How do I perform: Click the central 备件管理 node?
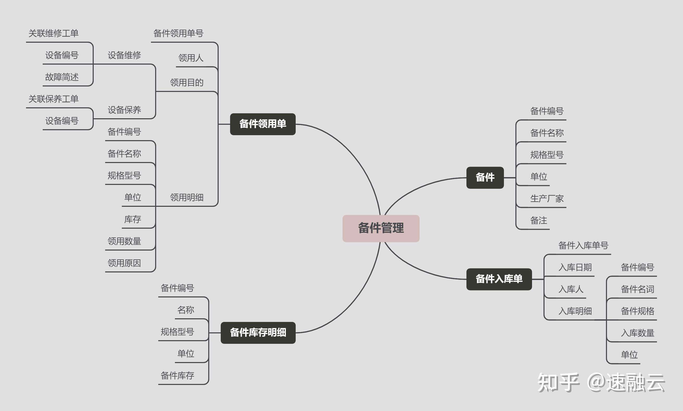[381, 228]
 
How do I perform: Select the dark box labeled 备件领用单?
[263, 124]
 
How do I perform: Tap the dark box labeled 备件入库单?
[499, 279]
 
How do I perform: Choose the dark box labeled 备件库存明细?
[258, 332]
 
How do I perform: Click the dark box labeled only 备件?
[485, 177]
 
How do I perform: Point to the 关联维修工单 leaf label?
[53, 33]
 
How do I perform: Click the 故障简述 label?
[62, 77]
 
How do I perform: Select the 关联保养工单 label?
[53, 99]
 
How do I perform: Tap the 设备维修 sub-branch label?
[124, 55]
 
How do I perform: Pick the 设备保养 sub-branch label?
[124, 110]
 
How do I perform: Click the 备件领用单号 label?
[179, 33]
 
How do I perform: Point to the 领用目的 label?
[187, 83]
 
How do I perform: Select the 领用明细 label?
[187, 197]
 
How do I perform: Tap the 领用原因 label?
[124, 263]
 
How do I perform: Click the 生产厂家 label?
[547, 198]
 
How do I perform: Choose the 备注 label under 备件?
[539, 220]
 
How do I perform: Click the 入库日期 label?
[575, 267]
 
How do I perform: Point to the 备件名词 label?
[637, 289]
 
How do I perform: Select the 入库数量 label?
[637, 333]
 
